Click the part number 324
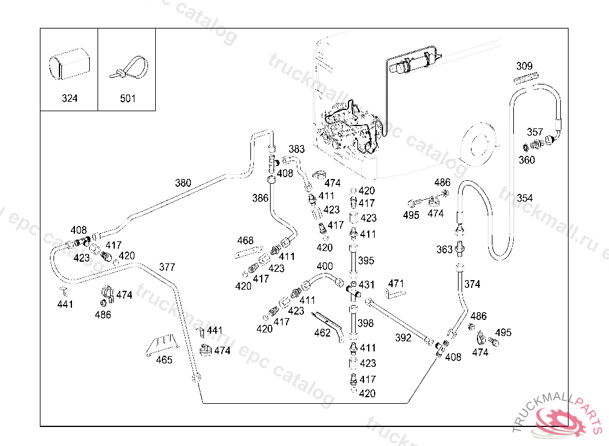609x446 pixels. pyautogui.click(x=70, y=99)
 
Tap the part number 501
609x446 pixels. pyautogui.click(x=128, y=99)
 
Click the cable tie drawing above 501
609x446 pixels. pyautogui.click(x=128, y=67)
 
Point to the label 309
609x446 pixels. pyautogui.click(x=524, y=66)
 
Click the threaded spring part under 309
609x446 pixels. pyautogui.click(x=526, y=78)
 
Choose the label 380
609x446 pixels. pyautogui.click(x=183, y=183)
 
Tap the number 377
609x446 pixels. pyautogui.click(x=167, y=266)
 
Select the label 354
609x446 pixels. pyautogui.click(x=525, y=198)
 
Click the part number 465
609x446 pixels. pyautogui.click(x=164, y=360)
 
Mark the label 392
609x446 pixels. pyautogui.click(x=403, y=338)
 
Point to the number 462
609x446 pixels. pyautogui.click(x=322, y=333)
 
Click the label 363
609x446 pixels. pyautogui.click(x=445, y=250)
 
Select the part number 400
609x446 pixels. pyautogui.click(x=325, y=266)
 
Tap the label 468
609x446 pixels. pyautogui.click(x=245, y=241)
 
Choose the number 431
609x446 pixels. pyautogui.click(x=366, y=285)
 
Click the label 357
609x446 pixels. pyautogui.click(x=535, y=131)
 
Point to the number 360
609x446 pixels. pyautogui.click(x=526, y=159)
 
